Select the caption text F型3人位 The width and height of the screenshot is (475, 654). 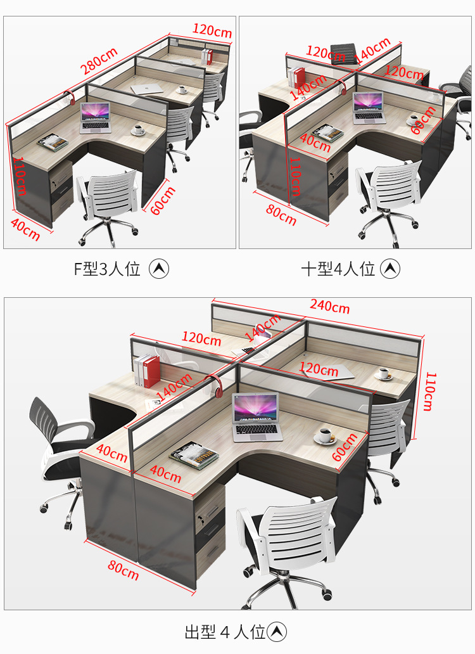tap(106, 269)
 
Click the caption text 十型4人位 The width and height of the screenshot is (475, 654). tap(338, 269)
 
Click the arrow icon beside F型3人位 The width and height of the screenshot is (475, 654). tap(159, 269)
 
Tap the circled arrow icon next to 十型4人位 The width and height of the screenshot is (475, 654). tap(390, 269)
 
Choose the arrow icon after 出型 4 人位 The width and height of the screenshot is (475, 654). tap(277, 632)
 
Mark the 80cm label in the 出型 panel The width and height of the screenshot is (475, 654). tap(123, 568)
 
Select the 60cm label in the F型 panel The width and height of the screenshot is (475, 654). tap(163, 198)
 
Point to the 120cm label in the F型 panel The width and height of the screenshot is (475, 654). tap(212, 30)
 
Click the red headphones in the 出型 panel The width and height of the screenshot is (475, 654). tap(215, 387)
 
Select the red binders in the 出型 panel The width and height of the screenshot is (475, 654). tap(147, 371)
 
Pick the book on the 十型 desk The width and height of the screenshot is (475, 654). tap(328, 132)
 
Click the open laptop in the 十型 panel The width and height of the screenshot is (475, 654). tap(369, 107)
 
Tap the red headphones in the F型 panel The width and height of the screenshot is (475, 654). tap(70, 98)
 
